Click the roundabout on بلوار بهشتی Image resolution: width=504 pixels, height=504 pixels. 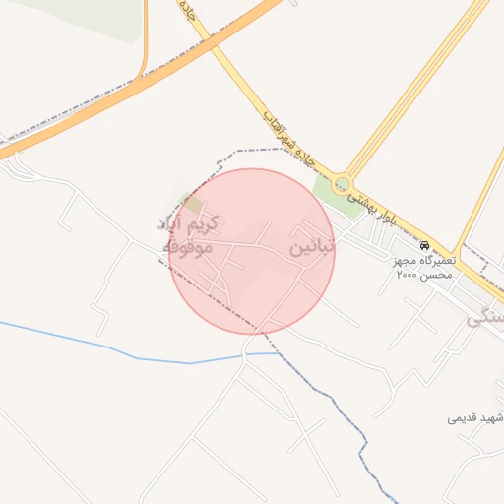[342, 183]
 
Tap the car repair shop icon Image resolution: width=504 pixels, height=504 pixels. [424, 244]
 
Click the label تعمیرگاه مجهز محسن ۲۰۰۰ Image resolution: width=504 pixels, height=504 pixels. [422, 268]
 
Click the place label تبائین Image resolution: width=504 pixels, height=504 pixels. [313, 245]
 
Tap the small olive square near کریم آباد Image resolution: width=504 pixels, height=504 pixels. [192, 204]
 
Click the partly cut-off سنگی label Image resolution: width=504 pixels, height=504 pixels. [486, 317]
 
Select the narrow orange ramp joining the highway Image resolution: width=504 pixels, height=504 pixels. [145, 39]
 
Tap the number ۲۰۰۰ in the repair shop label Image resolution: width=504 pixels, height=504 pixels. [407, 277]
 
